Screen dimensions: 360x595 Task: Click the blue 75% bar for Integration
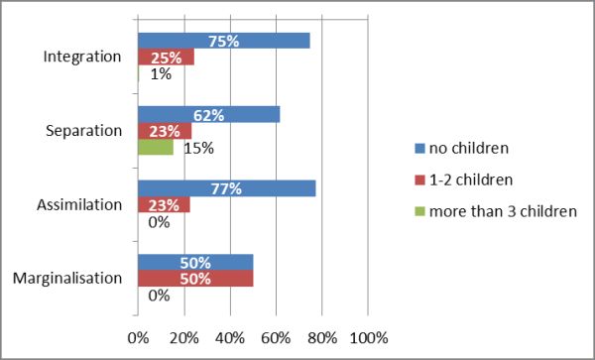pos(224,41)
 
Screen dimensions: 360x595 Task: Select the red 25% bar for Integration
pos(166,58)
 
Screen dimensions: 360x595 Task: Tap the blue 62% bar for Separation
pos(208,115)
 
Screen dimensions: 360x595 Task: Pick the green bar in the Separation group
pos(155,148)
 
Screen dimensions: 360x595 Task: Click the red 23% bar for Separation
pos(164,131)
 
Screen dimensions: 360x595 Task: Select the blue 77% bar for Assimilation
pos(226,188)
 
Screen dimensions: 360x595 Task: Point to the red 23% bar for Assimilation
pos(164,205)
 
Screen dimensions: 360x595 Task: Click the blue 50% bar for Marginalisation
pos(195,263)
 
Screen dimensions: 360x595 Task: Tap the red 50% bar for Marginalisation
pos(195,279)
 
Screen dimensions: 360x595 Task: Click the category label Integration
pos(84,58)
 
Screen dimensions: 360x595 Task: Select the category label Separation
pos(86,131)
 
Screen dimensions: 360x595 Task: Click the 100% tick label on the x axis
pos(368,337)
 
